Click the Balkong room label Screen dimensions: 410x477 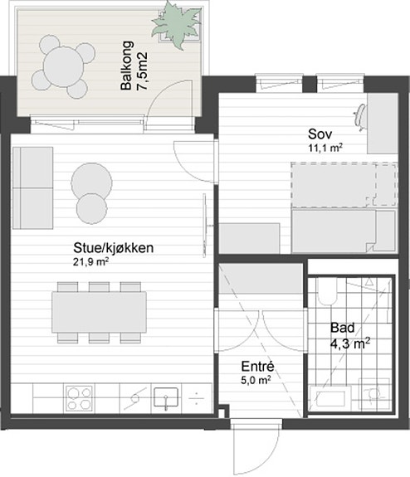pos(127,65)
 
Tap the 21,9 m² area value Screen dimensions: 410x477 pos(91,261)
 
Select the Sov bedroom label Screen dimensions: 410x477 pos(320,134)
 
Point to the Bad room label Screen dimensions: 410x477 pos(343,328)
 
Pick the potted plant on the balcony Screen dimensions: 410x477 pos(177,25)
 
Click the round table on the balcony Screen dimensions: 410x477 pos(64,66)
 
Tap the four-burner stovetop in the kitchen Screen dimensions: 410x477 pos(79,398)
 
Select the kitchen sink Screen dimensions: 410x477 pos(166,398)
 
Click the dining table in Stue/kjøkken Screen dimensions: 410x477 pos(100,312)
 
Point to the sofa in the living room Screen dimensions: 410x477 pos(33,187)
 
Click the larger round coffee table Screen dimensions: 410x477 pos(91,182)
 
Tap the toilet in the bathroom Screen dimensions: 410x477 pos(328,291)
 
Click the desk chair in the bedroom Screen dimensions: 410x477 pos(360,118)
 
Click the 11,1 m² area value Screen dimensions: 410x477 pos(325,148)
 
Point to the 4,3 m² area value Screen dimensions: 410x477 pos(350,344)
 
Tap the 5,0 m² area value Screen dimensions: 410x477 pos(256,380)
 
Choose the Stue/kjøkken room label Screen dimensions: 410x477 pos(114,248)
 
